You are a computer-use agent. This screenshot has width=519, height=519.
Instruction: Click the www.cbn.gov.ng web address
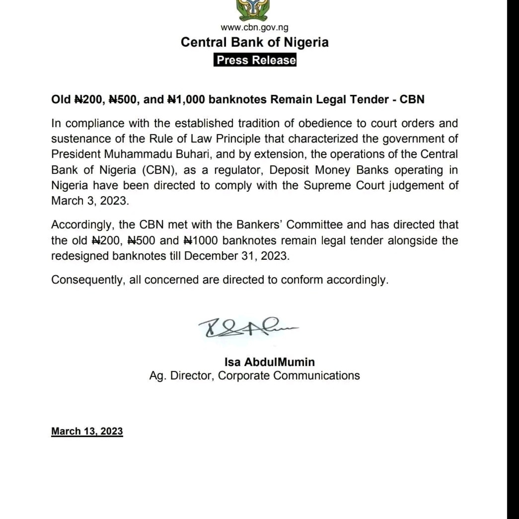pos(254,27)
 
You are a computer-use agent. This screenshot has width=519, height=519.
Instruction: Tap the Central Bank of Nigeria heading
pos(254,42)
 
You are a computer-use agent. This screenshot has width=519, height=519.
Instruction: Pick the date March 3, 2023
pos(90,201)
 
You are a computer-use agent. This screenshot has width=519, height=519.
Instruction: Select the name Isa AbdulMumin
pos(269,362)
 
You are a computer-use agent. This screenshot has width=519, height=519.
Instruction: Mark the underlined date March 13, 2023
pos(87,431)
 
